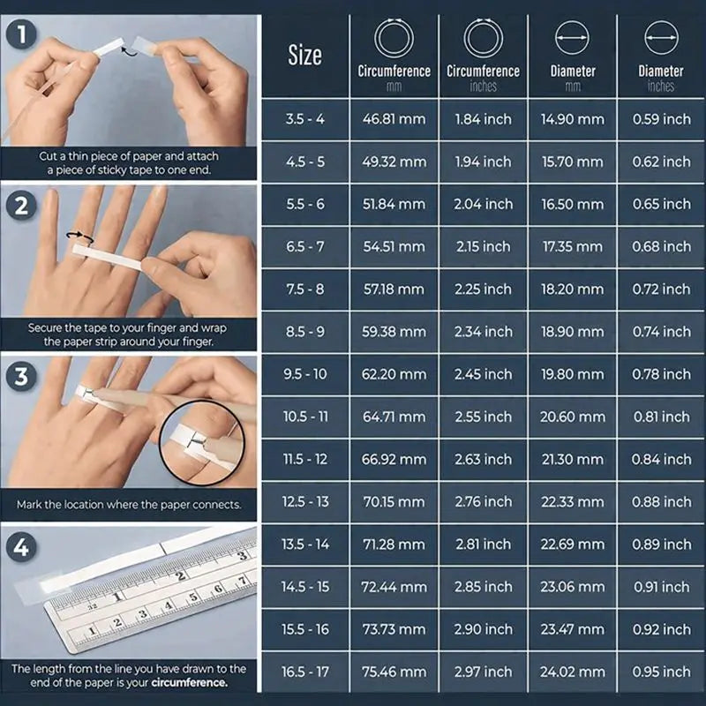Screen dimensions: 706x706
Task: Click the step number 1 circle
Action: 19,34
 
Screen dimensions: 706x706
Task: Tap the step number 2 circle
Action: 19,206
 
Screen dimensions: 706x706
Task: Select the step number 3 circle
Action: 19,376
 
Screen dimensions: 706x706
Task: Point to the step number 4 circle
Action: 19,547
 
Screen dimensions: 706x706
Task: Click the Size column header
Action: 304,55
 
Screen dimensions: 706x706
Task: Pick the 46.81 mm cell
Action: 394,119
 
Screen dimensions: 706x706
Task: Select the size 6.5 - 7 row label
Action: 304,246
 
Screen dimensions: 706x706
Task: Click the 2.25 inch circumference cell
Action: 483,289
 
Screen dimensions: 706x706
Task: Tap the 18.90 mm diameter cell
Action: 572,331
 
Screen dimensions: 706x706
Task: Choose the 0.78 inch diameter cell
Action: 661,374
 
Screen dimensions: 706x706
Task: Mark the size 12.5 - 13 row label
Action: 304,501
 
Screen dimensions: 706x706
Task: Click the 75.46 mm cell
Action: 394,672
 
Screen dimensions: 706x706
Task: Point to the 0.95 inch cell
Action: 661,672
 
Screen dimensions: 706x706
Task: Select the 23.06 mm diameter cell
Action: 572,587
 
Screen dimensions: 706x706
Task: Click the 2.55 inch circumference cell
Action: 483,417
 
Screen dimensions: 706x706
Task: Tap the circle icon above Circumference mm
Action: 394,39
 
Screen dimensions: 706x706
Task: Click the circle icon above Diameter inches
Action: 661,39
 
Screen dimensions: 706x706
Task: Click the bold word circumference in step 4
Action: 188,682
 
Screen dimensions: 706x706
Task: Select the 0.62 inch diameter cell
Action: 661,161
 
